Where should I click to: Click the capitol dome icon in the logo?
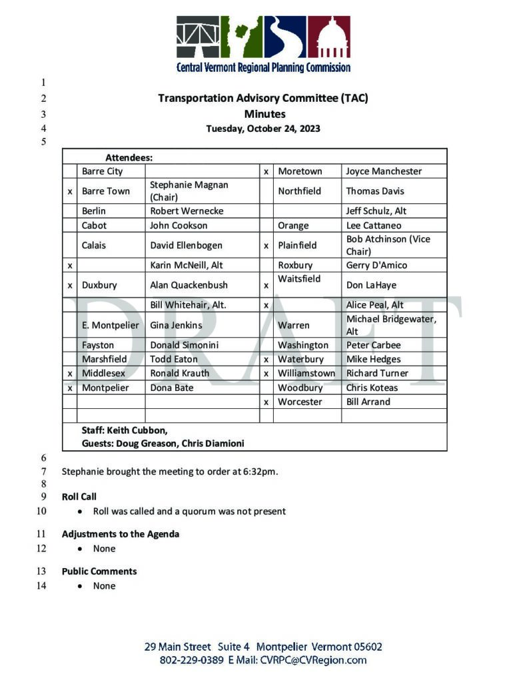[x=328, y=37]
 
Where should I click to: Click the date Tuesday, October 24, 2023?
[x=263, y=129]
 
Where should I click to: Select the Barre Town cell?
[x=106, y=191]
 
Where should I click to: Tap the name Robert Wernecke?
[x=187, y=211]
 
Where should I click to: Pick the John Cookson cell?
[x=179, y=225]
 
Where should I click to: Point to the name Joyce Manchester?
[x=384, y=171]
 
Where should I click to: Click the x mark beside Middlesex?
[x=70, y=374]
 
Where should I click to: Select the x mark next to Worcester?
[x=266, y=402]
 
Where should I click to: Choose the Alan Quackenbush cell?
[x=189, y=285]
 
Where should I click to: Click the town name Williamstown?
[x=306, y=374]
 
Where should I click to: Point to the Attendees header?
[x=129, y=158]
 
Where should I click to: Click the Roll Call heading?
[x=79, y=497]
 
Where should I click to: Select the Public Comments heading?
[x=99, y=571]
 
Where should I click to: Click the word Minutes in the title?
[x=264, y=114]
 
